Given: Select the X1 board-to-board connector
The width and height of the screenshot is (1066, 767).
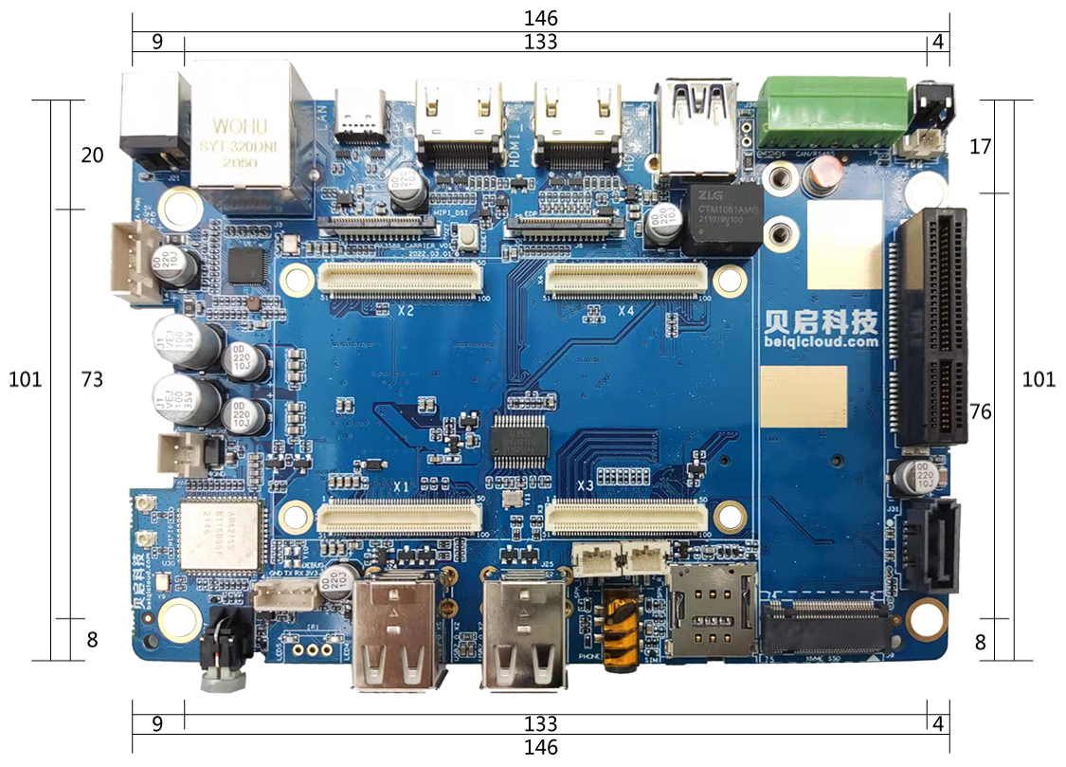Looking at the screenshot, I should pos(399,518).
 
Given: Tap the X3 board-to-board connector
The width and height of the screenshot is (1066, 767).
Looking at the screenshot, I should pos(625,518).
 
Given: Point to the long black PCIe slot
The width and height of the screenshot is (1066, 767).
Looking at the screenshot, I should pos(932,327).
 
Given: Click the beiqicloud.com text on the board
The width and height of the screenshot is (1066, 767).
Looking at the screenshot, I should pos(822,342).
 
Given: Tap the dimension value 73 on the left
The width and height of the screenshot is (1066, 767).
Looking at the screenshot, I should pos(92,379).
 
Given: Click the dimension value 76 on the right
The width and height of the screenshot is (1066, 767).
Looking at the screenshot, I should pos(983,412).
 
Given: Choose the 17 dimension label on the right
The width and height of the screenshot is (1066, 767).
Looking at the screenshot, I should pos(981,147).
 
